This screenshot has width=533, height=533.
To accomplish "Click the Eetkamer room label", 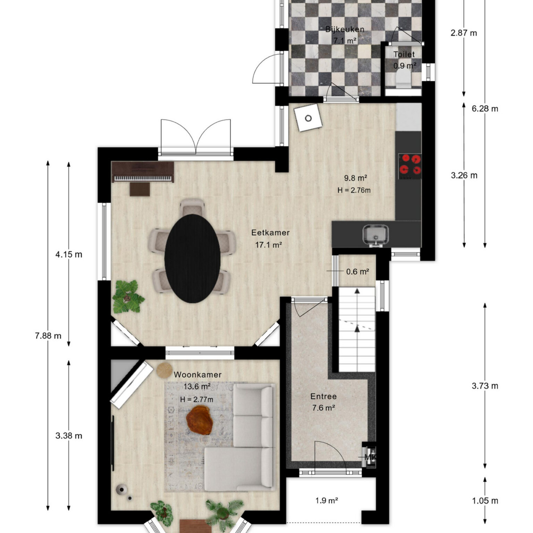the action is [270, 232].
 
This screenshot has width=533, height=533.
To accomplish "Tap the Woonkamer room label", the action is [197, 375].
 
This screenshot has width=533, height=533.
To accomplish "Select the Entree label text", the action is [323, 396].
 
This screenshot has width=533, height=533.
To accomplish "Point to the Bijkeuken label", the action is [345, 29].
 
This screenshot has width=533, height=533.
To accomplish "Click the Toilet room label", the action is [404, 54].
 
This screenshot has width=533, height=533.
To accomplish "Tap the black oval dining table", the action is [193, 259].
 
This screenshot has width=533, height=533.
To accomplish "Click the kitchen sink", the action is [375, 235].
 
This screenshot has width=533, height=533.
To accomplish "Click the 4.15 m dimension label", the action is [69, 255].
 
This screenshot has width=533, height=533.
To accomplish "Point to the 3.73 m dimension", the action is [485, 386].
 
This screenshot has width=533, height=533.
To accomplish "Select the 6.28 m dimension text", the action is [485, 109].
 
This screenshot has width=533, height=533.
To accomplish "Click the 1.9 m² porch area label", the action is [327, 500].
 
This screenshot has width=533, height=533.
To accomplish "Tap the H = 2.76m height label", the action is [354, 190].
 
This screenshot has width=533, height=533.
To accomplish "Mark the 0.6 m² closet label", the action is [357, 272].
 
